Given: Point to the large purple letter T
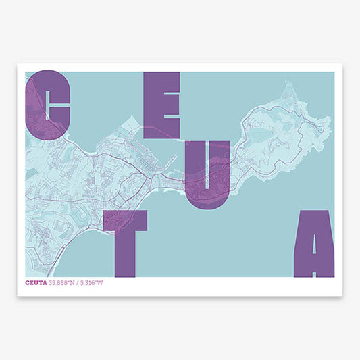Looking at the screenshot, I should (126, 240).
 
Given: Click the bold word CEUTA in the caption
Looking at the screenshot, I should (38, 282).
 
